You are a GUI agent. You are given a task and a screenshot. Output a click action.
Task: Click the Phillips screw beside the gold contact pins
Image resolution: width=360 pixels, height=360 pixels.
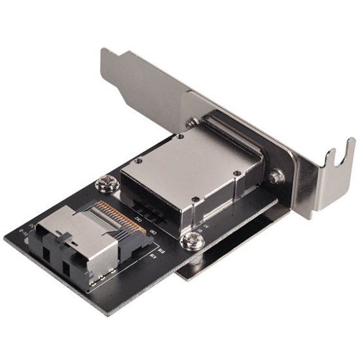105,184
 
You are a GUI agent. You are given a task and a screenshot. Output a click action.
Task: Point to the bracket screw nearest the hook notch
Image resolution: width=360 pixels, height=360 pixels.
276,175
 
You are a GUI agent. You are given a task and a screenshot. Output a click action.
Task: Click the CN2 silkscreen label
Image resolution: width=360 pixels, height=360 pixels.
137,221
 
